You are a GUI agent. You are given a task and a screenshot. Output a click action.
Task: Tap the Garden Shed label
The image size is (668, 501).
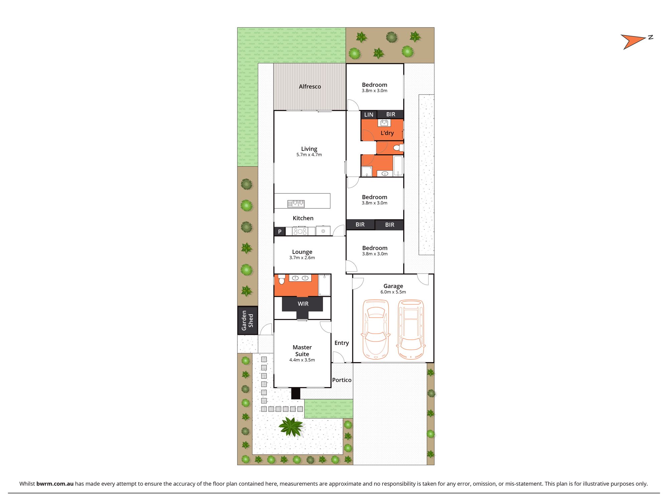tap(247, 320)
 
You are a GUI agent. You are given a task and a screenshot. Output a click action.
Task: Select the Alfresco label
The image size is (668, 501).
tap(310, 87)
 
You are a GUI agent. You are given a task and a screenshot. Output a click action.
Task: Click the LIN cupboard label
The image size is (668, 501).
tap(369, 115)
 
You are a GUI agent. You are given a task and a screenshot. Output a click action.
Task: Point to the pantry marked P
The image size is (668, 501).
tap(280, 231)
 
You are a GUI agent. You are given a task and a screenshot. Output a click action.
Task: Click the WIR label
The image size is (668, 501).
tap(303, 304)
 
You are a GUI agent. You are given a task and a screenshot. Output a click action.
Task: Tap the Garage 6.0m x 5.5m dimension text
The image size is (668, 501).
tap(393, 292)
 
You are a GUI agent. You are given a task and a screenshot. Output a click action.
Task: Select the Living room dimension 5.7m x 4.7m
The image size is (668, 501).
tap(309, 155)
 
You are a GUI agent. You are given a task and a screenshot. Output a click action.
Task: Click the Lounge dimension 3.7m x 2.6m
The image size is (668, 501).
tap(302, 258)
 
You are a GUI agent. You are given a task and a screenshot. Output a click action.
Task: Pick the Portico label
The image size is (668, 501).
tap(342, 380)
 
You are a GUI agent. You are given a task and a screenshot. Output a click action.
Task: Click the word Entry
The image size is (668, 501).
tap(342, 343)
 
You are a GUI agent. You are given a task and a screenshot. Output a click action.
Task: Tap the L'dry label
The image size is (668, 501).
tap(387, 133)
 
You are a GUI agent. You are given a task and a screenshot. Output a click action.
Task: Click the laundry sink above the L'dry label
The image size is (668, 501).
tap(384, 123)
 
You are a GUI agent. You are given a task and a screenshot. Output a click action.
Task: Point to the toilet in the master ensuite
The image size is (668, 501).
tap(282, 280)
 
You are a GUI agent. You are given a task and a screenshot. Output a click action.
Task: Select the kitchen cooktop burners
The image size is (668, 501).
tap(300, 231)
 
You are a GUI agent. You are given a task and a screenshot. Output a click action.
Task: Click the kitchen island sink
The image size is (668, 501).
tap(296, 203)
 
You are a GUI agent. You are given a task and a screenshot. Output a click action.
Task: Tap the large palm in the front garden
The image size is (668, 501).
tap(291, 427)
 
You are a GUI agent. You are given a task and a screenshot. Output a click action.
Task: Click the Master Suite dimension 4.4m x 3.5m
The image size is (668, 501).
tap(302, 360)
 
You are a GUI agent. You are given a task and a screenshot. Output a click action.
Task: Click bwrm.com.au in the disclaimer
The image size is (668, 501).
tap(55, 484)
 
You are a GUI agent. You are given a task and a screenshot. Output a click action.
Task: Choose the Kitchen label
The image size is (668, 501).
tap(303, 218)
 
